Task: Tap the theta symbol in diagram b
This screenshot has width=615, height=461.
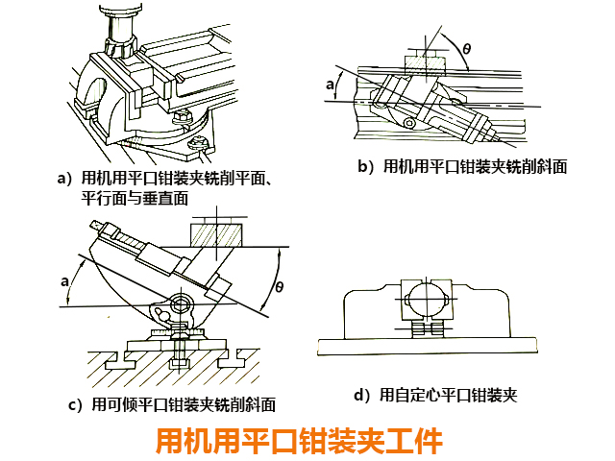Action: (467, 47)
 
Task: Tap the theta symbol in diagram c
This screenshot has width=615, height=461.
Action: (280, 285)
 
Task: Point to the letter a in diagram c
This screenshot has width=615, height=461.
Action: (64, 281)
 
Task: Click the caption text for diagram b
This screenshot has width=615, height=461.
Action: (461, 166)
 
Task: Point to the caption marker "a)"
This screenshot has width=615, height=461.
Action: (64, 179)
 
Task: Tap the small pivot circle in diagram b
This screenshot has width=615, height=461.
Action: (411, 124)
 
